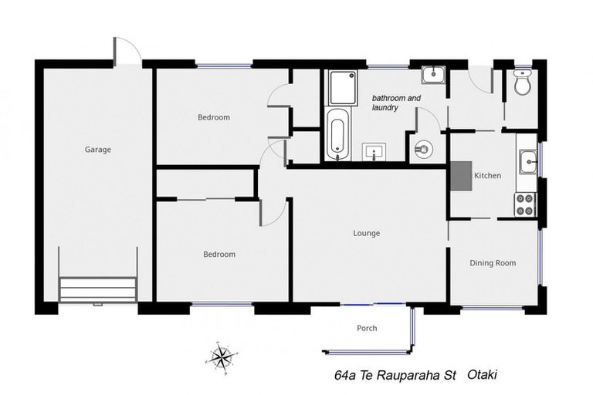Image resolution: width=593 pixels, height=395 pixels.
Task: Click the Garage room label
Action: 98,150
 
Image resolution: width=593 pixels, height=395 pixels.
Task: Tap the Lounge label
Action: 366,233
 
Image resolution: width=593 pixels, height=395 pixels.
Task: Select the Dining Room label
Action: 493,263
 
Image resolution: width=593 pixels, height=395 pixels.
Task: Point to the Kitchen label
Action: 487,176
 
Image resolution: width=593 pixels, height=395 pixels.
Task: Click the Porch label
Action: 367,329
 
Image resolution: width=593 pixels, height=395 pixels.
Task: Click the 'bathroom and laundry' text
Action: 396,103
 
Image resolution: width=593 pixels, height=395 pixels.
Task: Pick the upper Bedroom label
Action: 213,117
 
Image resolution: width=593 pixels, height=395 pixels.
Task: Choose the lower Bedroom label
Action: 219,254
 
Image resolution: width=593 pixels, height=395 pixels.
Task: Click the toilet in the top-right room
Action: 522,83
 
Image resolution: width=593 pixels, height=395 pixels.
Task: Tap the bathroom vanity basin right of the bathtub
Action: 375,150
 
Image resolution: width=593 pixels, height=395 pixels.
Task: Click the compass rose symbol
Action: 222,356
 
